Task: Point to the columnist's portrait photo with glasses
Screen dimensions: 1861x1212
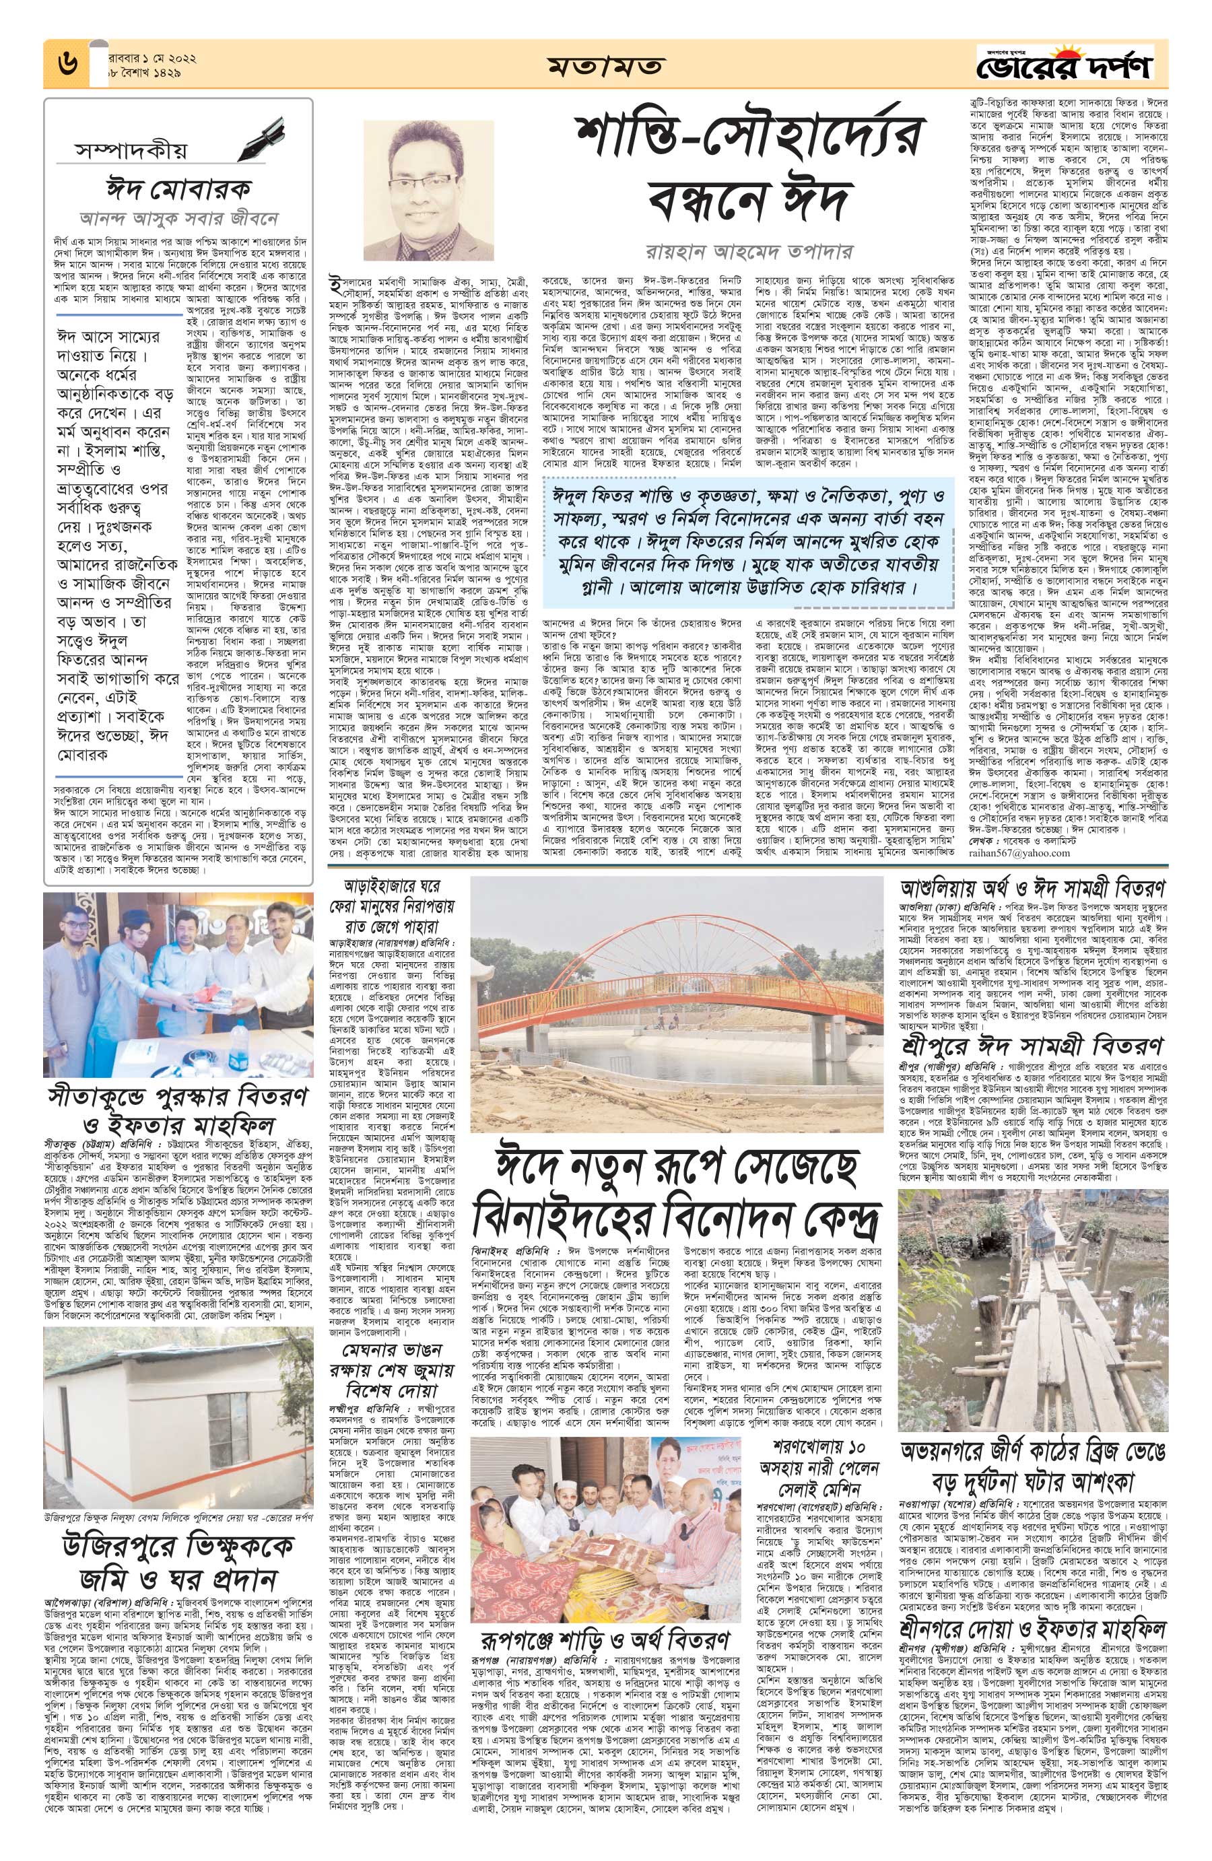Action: click(428, 190)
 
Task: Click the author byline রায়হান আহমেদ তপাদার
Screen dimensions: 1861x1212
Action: click(750, 252)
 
